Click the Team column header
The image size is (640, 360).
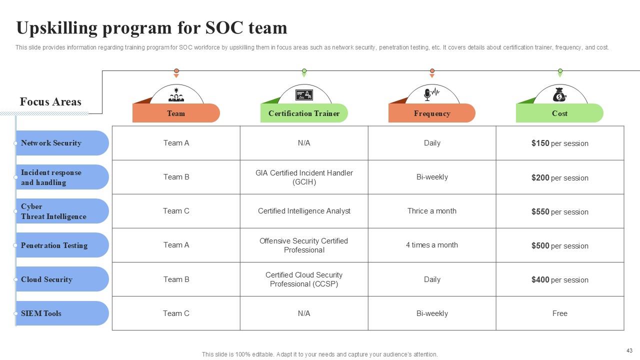click(x=176, y=113)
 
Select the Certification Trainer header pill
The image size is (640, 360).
click(x=304, y=113)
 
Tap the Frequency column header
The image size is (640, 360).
click(x=432, y=113)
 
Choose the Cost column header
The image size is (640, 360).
click(x=559, y=113)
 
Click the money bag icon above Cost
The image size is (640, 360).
click(x=559, y=94)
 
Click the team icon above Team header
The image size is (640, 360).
click(x=176, y=94)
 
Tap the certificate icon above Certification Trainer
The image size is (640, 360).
click(x=304, y=94)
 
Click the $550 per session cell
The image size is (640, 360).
click(x=559, y=211)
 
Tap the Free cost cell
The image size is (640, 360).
click(x=559, y=313)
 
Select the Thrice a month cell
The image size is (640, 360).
click(x=432, y=211)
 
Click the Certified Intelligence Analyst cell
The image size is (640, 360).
click(x=304, y=211)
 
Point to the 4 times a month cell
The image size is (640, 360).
click(x=432, y=245)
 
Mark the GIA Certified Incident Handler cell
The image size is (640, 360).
click(x=304, y=177)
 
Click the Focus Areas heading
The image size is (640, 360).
click(x=50, y=102)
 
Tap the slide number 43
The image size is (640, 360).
click(x=629, y=350)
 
